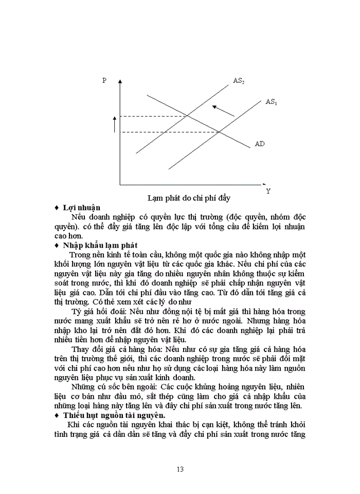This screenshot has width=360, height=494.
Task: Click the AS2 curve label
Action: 239,80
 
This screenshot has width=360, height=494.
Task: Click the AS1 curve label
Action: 271,102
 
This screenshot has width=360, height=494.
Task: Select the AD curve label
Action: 260,144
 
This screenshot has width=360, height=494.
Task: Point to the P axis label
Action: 104,81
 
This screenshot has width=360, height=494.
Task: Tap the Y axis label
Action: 267,191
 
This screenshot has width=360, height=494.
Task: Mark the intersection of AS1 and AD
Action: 218,132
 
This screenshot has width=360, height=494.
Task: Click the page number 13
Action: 180,469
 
